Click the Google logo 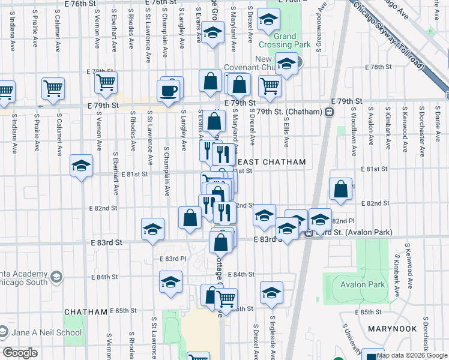[19, 353]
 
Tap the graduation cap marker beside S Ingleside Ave [271, 293]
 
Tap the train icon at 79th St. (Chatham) [329, 112]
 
